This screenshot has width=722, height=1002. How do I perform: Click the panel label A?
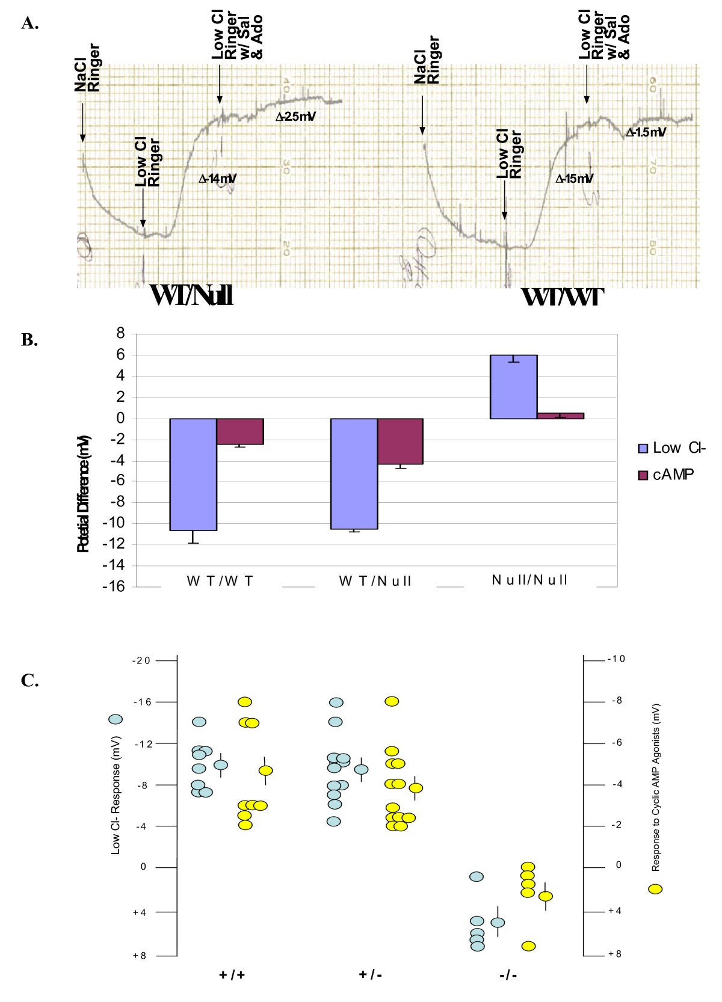coord(29,23)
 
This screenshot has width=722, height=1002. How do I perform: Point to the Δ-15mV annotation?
coord(574,179)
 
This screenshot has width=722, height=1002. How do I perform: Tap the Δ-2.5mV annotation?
coord(295,117)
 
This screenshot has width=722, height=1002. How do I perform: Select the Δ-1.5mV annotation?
coord(646,132)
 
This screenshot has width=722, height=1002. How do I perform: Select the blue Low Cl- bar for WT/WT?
coord(193,474)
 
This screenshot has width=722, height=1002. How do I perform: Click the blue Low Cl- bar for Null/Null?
coord(513,387)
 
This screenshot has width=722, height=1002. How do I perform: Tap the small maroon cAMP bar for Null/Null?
coord(560,416)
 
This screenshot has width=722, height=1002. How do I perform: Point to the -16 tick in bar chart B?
coord(115,587)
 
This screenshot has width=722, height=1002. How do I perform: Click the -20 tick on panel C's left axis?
coord(141,661)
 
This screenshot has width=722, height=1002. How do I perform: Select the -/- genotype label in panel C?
coord(508,975)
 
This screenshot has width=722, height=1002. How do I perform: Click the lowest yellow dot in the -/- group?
coord(528,946)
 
